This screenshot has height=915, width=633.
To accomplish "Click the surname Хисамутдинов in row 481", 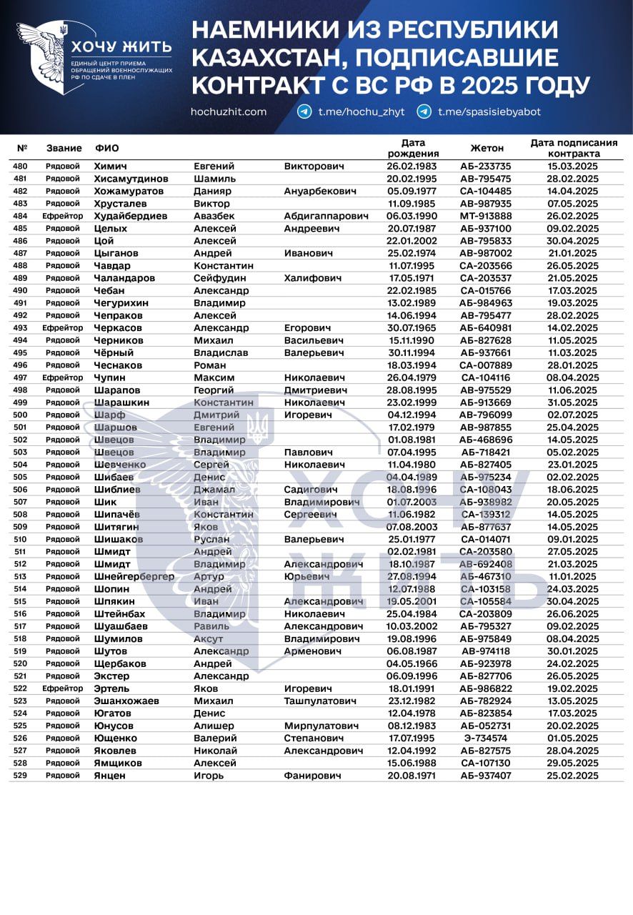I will (131, 179).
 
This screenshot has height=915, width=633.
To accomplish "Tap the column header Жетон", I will (487, 148).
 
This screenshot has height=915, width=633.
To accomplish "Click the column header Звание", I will (64, 148).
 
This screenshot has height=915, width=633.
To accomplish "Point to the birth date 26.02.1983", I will (412, 166).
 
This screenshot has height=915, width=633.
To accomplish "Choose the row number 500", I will (20, 415).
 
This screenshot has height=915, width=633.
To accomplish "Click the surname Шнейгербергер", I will (134, 576).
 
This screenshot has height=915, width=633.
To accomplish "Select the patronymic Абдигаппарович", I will (326, 216).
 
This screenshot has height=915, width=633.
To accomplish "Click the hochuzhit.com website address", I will (229, 112).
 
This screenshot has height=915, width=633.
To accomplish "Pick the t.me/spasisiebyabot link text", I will (489, 112).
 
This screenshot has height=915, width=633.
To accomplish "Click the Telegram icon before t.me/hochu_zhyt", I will (304, 112).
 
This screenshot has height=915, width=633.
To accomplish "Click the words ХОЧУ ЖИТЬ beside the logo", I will (121, 47).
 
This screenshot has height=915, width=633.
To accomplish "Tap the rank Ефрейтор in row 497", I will (63, 377).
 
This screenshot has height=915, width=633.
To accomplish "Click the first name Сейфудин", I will (221, 278).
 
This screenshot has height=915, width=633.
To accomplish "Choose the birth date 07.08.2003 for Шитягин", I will (412, 527).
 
